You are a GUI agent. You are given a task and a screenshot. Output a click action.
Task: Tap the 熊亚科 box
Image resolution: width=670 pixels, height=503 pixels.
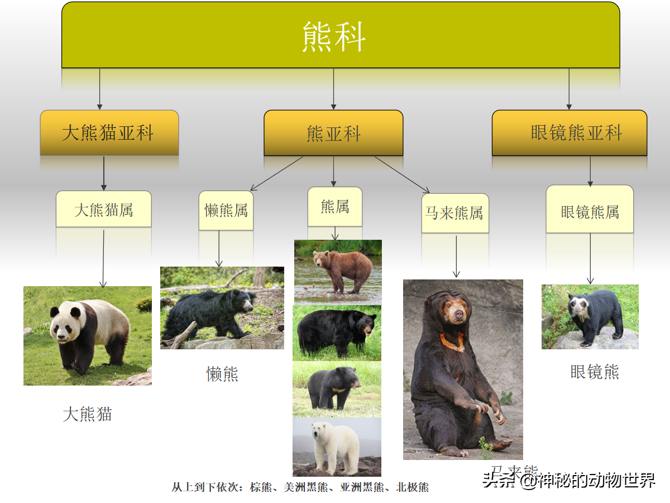point(333,133)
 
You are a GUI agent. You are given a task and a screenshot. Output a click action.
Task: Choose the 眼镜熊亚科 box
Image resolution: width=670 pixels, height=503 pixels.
point(569,133)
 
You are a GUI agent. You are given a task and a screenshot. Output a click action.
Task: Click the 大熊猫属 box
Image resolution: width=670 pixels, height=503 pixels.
point(104,209)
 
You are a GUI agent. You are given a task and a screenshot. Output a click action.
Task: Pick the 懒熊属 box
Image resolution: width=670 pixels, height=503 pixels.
point(226,210)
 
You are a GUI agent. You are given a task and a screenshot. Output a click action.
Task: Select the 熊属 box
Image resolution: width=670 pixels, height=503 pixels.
point(335,207)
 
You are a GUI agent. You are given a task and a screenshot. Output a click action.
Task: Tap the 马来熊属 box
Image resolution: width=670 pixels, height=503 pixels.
point(455,213)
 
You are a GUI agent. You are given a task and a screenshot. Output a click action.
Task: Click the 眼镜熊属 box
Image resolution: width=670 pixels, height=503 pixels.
point(590,212)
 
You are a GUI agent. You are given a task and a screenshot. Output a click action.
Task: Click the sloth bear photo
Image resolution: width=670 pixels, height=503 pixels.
point(222,308)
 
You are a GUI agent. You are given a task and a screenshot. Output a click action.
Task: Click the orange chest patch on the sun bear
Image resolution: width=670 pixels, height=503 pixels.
point(453,340)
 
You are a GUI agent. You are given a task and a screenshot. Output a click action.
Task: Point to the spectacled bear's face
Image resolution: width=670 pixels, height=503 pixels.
point(577,305)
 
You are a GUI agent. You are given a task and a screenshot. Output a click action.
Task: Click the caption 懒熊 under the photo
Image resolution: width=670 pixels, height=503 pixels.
point(222,374)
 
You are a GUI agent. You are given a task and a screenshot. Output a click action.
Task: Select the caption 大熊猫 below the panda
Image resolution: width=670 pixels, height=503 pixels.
point(88,414)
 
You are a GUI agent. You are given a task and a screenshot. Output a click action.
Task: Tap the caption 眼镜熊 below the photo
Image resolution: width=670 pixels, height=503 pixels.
point(595,372)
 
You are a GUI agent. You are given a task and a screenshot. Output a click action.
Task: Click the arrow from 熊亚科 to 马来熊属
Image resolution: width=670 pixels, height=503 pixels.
point(401,174)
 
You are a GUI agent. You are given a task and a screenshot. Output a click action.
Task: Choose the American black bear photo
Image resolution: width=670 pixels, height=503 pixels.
point(337,332)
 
